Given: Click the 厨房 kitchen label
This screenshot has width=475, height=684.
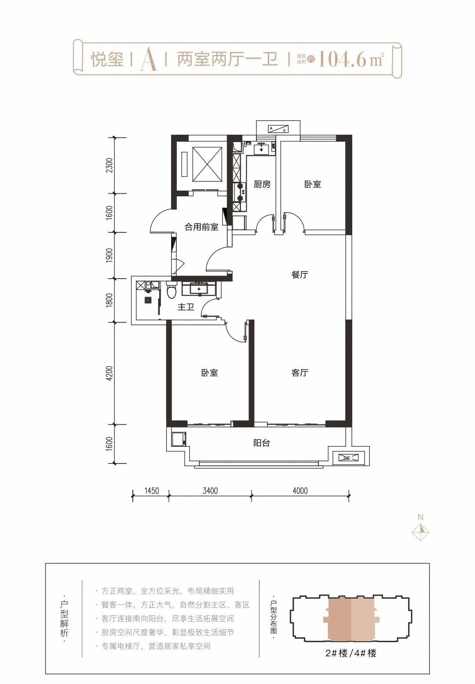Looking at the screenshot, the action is pyautogui.click(x=262, y=184).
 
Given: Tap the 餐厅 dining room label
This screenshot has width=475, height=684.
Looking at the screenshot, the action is pyautogui.click(x=300, y=275).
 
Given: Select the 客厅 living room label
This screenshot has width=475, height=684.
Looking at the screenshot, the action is pyautogui.click(x=300, y=373).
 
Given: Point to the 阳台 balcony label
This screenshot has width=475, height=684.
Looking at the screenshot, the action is pyautogui.click(x=262, y=443).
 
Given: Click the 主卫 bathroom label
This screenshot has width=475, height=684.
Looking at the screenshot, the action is pyautogui.click(x=186, y=307).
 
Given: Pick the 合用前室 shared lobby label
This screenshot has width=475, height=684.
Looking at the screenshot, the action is pyautogui.click(x=201, y=227).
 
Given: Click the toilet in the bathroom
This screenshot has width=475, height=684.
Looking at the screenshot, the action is pyautogui.click(x=172, y=291).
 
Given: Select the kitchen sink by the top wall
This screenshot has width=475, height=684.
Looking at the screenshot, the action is pyautogui.click(x=261, y=149).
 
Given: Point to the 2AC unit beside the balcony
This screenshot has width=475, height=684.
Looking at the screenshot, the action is pyautogui.click(x=348, y=458).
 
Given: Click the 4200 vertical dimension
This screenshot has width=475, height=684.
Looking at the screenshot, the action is pyautogui.click(x=110, y=373).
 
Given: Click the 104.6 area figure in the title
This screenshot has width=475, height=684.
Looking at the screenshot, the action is pyautogui.click(x=342, y=59).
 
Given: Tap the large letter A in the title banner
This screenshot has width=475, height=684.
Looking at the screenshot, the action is pyautogui.click(x=149, y=59).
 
